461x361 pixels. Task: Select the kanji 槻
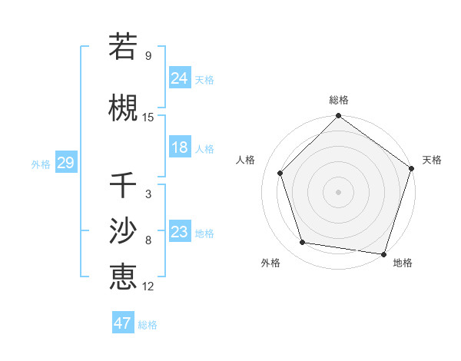(x=123, y=108)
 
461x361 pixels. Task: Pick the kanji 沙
(x=123, y=230)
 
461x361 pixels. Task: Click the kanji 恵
(x=123, y=277)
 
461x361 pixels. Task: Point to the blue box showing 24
(x=180, y=78)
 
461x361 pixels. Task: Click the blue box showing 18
(x=180, y=147)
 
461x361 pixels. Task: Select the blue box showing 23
(x=180, y=232)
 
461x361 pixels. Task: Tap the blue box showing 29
(x=65, y=163)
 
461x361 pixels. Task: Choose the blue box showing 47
(x=123, y=323)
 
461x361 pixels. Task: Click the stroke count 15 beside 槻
(x=148, y=118)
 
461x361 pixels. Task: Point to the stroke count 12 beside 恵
(x=148, y=286)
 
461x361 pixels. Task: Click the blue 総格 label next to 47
(x=148, y=325)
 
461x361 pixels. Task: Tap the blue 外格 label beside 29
(x=41, y=164)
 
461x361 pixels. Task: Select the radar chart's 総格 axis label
(x=339, y=100)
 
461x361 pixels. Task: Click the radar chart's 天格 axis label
(x=433, y=160)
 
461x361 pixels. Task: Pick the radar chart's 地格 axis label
(x=403, y=263)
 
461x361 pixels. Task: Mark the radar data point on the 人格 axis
(x=280, y=173)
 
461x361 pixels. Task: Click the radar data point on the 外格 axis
(x=303, y=243)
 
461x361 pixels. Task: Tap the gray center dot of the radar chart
(x=339, y=191)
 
